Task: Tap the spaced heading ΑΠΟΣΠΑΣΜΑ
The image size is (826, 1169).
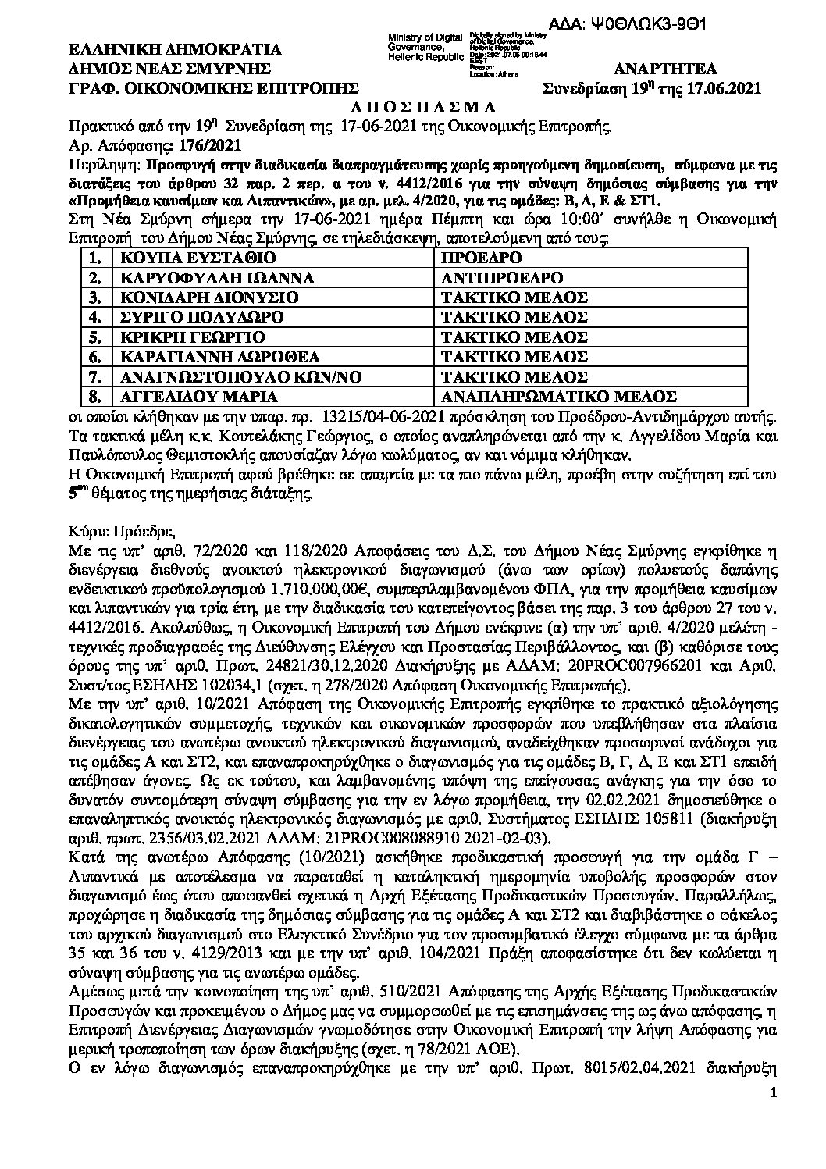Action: pyautogui.click(x=413, y=106)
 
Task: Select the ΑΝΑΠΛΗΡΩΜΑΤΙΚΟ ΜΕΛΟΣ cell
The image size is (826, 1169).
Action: pyautogui.click(x=558, y=396)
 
